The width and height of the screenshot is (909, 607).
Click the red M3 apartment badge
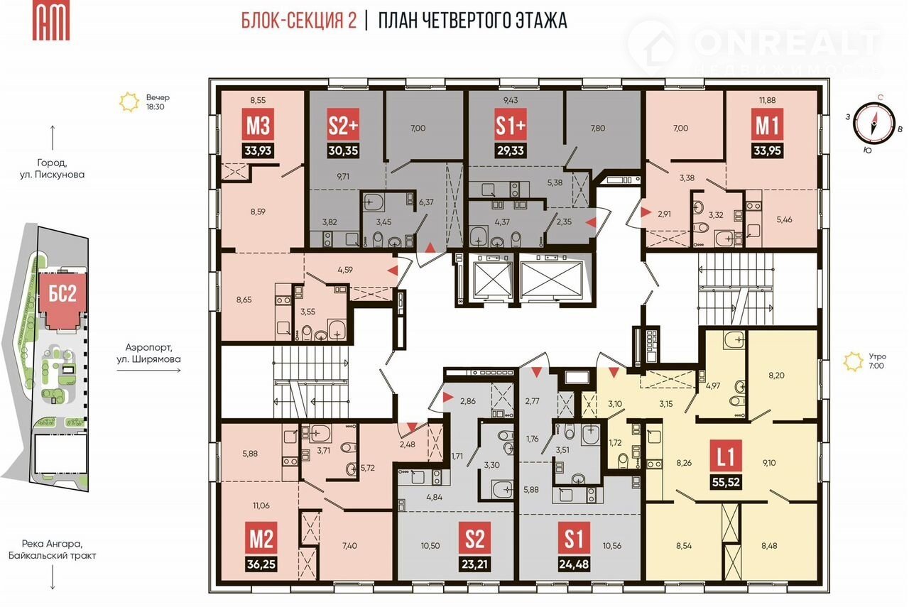[258, 124]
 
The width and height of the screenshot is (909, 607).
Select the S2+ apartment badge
[343, 124]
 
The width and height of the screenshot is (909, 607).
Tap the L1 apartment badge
[726, 456]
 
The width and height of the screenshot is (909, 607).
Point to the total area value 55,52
[726, 482]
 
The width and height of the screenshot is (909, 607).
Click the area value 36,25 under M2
[261, 564]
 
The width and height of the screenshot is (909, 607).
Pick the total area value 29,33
[511, 151]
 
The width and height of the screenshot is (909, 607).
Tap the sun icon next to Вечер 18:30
[129, 102]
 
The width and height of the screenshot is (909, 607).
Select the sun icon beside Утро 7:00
[853, 361]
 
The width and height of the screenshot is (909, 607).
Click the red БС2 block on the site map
[63, 294]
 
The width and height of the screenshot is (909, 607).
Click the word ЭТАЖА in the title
[541, 21]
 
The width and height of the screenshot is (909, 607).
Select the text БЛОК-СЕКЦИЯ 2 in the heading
[299, 21]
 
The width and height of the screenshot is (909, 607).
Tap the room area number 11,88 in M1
[767, 100]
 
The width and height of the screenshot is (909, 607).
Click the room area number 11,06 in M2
[261, 505]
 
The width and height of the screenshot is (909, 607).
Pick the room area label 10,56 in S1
[612, 546]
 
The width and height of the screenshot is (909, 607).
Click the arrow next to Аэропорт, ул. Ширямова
[148, 370]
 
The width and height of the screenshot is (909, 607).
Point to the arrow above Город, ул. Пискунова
[53, 138]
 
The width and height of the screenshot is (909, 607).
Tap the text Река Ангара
[52, 543]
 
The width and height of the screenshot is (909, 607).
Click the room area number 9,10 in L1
[769, 463]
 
